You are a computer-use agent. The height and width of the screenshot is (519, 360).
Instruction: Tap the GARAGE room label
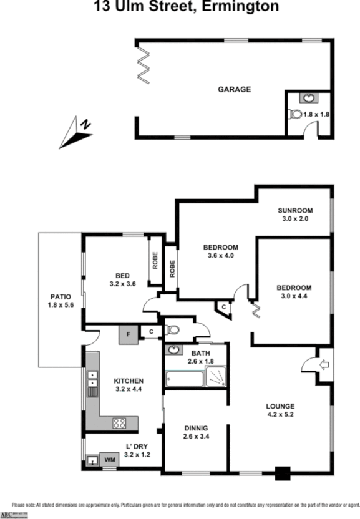(234, 89)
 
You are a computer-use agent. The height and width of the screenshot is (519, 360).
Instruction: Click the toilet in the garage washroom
(295, 114)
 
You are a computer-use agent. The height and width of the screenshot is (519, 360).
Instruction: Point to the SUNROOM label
(295, 210)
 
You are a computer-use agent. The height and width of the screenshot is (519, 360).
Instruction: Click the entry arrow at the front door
(323, 364)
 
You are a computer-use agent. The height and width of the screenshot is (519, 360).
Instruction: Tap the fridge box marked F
(129, 334)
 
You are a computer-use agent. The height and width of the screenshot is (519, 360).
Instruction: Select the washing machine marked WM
(110, 460)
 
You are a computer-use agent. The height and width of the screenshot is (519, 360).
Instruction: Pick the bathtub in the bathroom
(184, 379)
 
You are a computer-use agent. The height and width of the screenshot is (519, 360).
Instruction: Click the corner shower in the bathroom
(216, 377)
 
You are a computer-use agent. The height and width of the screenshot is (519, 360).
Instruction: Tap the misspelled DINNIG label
(196, 428)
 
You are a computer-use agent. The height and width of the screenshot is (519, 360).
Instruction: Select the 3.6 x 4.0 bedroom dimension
(221, 256)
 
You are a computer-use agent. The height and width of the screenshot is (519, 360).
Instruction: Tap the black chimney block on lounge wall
(283, 473)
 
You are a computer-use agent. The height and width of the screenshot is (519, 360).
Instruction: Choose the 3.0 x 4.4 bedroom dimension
(294, 296)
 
